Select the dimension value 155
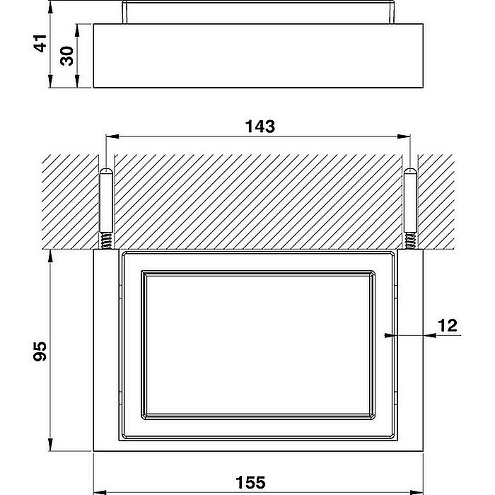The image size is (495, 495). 251,482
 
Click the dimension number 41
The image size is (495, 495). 40,43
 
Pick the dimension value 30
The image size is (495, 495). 67,56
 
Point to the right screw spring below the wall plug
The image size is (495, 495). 411,241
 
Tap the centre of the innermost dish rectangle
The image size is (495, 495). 258,346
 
